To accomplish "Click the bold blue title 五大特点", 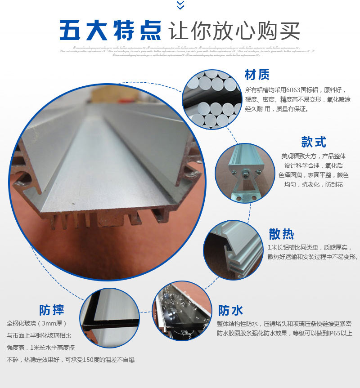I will click(x=110, y=31).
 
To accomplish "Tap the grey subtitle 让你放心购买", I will click(x=234, y=31).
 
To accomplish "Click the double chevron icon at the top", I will click(x=180, y=5).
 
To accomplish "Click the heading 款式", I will click(x=314, y=142).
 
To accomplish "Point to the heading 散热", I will click(x=281, y=234).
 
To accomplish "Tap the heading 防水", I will click(x=231, y=310).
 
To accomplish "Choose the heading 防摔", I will click(x=52, y=310).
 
